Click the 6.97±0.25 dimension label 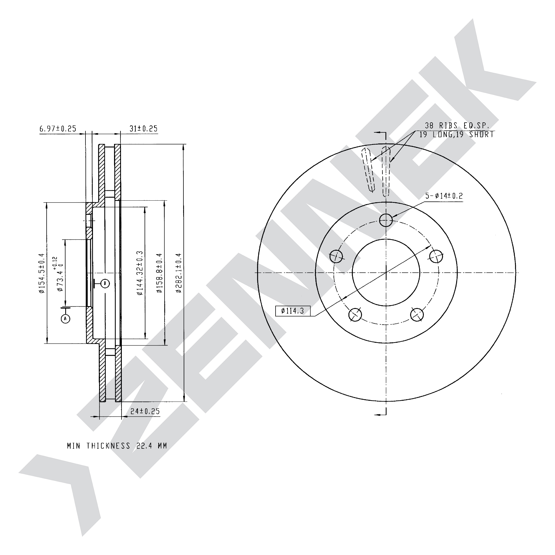pos(58,128)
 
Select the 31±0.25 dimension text pos(143,128)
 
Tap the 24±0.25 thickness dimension pos(145,411)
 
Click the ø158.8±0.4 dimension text pos(160,273)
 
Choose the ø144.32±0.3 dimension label pos(140,273)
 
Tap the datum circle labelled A pos(66,318)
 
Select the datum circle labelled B pos(105,284)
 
